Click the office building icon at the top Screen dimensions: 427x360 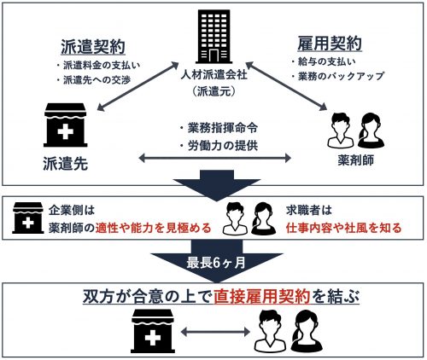click(x=213, y=37)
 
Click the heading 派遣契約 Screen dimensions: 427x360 click(x=93, y=47)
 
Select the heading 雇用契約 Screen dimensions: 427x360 click(x=330, y=44)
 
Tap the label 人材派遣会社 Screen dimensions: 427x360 click(x=214, y=75)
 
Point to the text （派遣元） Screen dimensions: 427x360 click(x=214, y=91)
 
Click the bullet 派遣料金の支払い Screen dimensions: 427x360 click(x=98, y=66)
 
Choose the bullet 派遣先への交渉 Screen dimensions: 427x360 click(x=94, y=80)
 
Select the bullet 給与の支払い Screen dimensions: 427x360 click(x=324, y=61)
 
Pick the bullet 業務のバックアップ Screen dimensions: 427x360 click(x=337, y=76)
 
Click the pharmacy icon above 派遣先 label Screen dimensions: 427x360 click(x=65, y=125)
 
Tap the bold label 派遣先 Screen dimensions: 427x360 click(x=66, y=164)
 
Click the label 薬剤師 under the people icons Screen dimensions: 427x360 click(x=356, y=160)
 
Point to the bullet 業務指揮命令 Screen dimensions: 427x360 click(x=219, y=128)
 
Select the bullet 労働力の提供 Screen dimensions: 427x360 click(x=219, y=146)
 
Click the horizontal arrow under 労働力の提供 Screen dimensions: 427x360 click(x=214, y=158)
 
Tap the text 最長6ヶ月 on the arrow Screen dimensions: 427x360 click(x=216, y=263)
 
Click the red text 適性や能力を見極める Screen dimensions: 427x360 click(x=153, y=228)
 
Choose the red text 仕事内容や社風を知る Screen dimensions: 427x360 click(x=344, y=228)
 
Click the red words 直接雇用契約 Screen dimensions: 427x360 click(x=262, y=297)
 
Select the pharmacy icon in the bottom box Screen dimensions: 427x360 click(x=153, y=331)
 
